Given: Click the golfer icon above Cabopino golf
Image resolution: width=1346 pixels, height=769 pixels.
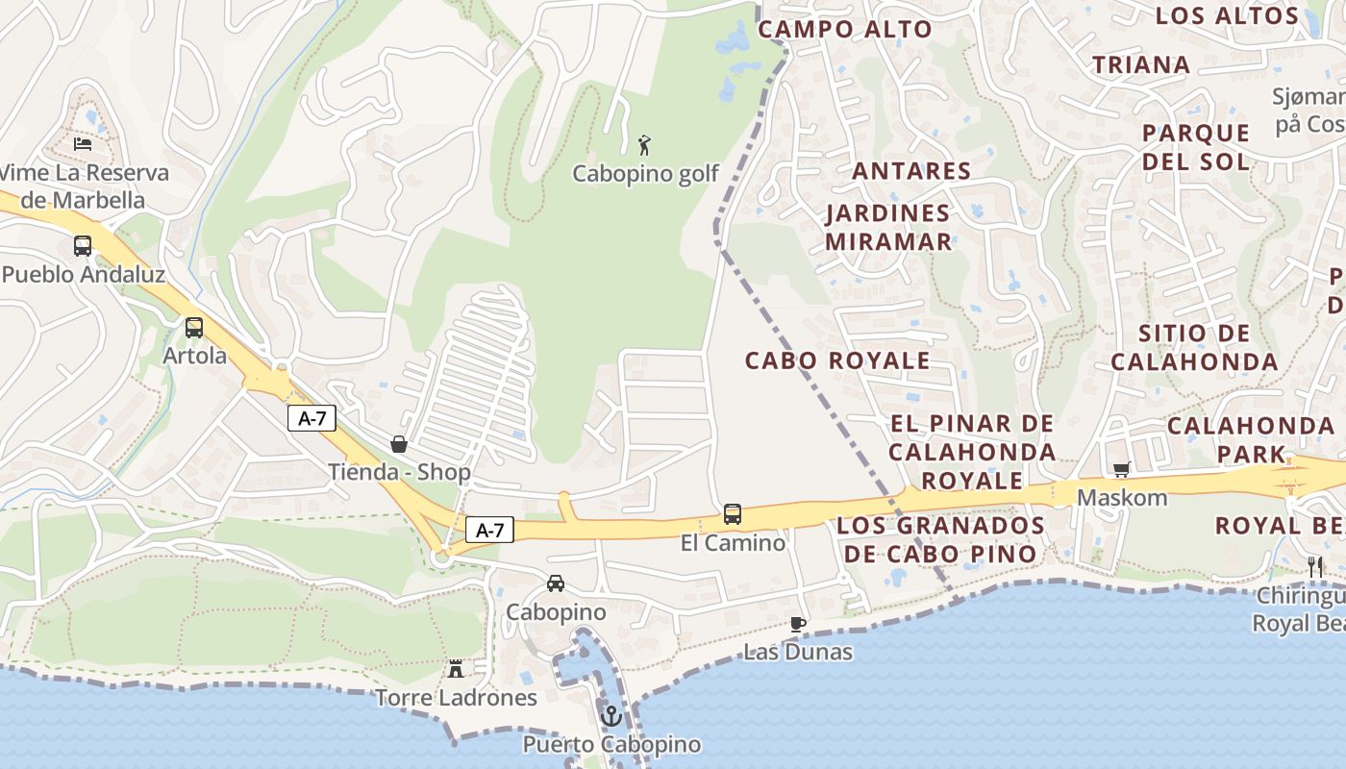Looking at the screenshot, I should (645, 145).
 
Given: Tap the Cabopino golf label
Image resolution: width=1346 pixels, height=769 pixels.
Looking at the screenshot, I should (645, 174).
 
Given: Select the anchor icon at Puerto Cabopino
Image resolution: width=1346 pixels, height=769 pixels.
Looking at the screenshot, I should (611, 716).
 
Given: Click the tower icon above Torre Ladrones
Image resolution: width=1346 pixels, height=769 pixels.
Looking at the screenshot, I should (456, 668).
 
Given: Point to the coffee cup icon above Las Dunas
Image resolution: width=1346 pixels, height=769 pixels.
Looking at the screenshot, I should (797, 624).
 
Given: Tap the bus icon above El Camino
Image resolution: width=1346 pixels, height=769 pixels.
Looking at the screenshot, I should (733, 514).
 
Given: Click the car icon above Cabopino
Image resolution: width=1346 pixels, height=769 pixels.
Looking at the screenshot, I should (556, 583).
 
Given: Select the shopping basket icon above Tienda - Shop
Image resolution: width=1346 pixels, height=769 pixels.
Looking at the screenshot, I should (399, 444).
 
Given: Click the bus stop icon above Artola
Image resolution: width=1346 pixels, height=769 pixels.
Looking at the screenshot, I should (194, 328).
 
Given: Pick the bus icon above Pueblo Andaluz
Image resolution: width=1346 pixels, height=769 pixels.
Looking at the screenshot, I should (83, 246).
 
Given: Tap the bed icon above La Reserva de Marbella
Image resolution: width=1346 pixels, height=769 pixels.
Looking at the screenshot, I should (83, 144).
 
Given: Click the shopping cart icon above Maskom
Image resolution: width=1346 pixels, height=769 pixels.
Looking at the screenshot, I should (1121, 470).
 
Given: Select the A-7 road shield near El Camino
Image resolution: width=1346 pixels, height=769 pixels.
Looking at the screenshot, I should (490, 530).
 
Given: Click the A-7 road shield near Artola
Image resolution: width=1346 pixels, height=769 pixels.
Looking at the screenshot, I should (312, 418).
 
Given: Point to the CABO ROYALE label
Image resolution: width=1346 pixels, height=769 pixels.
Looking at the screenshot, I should (837, 360).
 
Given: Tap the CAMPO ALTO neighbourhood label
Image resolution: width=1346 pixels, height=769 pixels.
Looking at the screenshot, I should (845, 29).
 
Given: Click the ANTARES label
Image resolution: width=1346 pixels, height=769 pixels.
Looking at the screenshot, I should (911, 171).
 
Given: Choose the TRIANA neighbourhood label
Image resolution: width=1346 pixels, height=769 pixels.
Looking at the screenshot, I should (1141, 64).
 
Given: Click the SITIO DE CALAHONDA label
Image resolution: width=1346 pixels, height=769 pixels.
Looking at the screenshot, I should (1194, 348).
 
